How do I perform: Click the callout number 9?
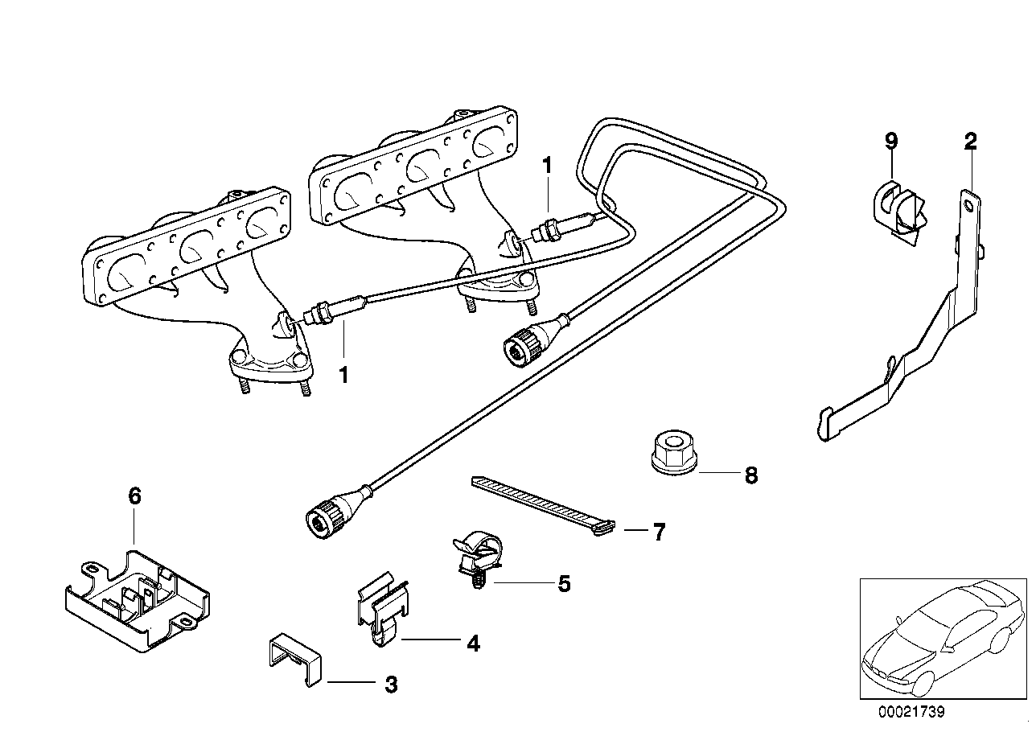pos(890,141)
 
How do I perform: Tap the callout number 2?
pos(971,142)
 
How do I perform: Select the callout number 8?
pos(750,475)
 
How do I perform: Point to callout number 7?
pos(659,532)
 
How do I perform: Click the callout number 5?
pos(564,584)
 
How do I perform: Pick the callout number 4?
pos(473,643)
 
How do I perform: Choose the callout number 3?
pos(390,685)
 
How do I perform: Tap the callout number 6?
pos(134,496)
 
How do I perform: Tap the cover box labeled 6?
pos(137,599)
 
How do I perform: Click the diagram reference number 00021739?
pos(911,712)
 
